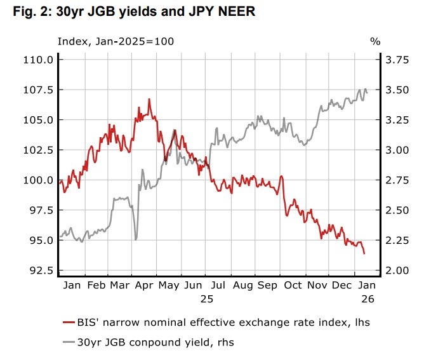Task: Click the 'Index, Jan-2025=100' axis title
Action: pos(116,41)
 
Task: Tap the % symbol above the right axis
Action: pos(374,41)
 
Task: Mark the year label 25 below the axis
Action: pos(208,298)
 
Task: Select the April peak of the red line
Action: pos(149,99)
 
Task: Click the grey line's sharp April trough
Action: pos(136,239)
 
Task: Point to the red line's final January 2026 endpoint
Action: pos(364,253)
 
